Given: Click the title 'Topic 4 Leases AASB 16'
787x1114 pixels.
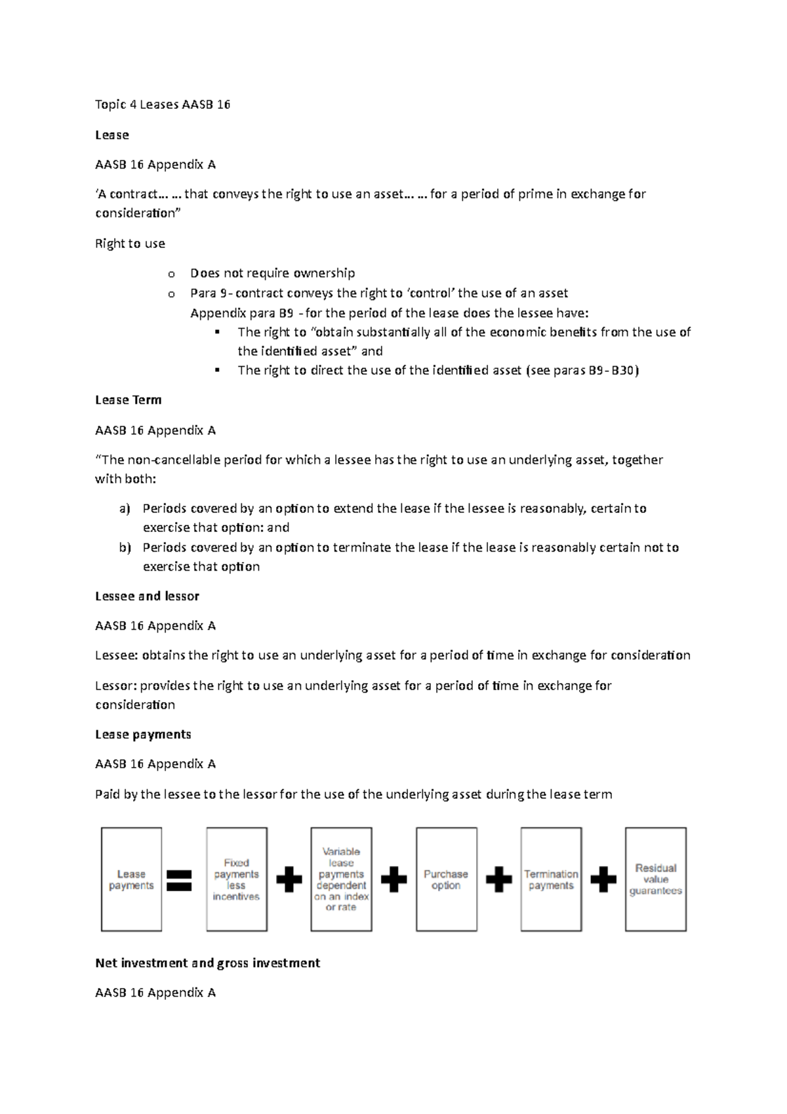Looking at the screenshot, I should [163, 104].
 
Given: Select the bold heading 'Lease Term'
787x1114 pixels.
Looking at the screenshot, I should [128, 400].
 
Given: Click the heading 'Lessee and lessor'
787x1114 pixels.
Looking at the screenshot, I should [147, 596].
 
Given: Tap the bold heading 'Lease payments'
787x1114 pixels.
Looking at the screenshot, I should [143, 735].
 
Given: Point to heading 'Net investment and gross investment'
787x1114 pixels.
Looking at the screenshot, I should [207, 963].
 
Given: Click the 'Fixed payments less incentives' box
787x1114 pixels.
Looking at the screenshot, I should [236, 879].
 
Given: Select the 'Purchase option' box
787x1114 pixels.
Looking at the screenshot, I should [446, 879].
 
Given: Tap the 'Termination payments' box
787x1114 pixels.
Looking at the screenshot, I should [551, 879].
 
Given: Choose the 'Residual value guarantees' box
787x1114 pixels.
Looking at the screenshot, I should [655, 879].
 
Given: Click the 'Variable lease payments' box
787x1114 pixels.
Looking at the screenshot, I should [341, 879].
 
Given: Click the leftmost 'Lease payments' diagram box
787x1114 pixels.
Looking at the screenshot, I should [131, 879].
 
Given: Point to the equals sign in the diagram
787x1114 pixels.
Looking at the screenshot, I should [179, 880].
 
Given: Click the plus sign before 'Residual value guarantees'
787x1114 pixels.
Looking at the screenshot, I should [603, 880].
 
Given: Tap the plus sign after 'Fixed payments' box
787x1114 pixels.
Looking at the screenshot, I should [289, 880].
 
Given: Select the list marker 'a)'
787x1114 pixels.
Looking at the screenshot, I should [125, 508].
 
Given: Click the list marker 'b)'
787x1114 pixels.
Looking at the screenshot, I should [125, 547].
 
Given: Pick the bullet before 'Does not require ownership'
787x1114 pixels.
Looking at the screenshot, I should [172, 274].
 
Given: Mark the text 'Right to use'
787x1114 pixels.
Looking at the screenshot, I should [130, 243].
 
